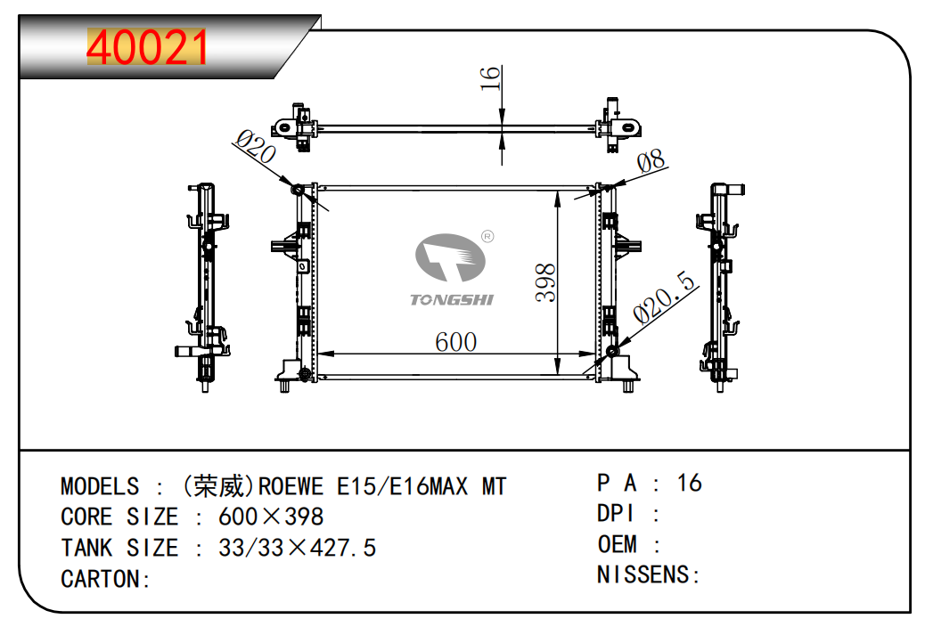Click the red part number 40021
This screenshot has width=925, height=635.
[147, 47]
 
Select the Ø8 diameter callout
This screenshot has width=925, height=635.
[651, 160]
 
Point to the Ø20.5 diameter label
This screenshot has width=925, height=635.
[664, 298]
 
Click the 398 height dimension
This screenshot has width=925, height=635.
[545, 283]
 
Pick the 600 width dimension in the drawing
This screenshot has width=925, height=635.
[455, 342]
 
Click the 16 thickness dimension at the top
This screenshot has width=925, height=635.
[490, 77]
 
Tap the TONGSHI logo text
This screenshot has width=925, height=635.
[452, 300]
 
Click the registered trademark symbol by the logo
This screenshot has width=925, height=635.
[487, 236]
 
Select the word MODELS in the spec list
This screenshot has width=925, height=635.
[100, 487]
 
